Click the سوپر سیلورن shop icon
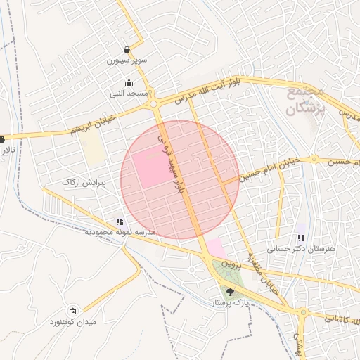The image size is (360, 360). pyautogui.click(x=127, y=50)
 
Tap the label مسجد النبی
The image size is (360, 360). pyautogui.click(x=128, y=93)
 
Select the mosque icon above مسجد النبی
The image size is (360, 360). pyautogui.click(x=128, y=82)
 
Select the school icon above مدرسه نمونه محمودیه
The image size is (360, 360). pyautogui.click(x=120, y=221)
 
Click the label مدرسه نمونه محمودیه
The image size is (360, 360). pyautogui.click(x=120, y=232)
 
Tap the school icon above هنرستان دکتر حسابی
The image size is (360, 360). pyautogui.click(x=302, y=238)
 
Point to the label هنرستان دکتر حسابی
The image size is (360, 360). pyautogui.click(x=302, y=249)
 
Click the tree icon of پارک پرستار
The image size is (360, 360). pyautogui.click(x=230, y=292)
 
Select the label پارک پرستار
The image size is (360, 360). pyautogui.click(x=231, y=302)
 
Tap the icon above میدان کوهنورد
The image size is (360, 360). pyautogui.click(x=72, y=311)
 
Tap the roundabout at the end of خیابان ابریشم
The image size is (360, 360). pyautogui.click(x=153, y=104)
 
